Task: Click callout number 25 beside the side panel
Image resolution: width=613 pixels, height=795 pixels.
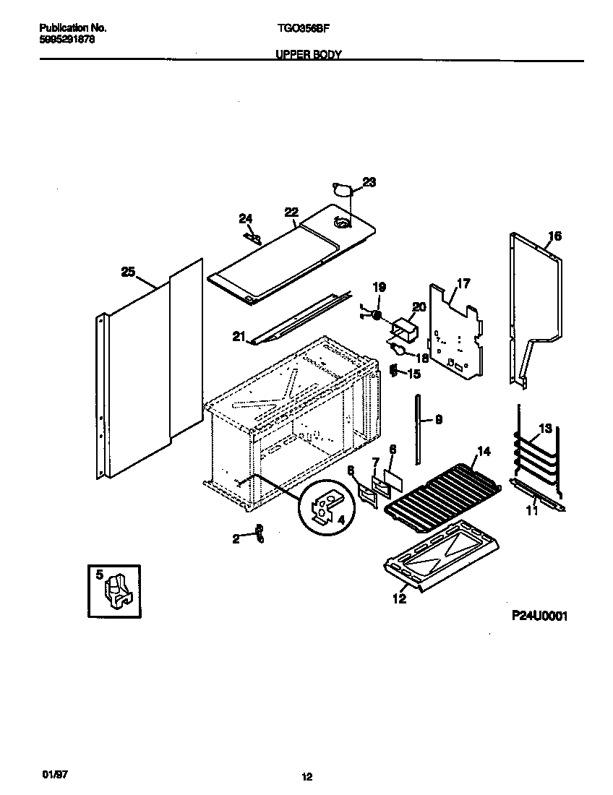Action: [x=128, y=272]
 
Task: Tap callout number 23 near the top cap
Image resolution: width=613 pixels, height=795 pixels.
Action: [x=369, y=183]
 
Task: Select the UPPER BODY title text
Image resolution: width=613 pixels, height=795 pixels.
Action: [x=309, y=54]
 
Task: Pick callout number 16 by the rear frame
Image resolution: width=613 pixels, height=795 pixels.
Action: [x=554, y=236]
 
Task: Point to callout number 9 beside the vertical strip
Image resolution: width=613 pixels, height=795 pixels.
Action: [x=439, y=418]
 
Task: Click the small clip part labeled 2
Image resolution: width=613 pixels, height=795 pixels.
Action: [x=259, y=534]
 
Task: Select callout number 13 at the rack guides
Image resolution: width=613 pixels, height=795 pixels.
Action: [x=545, y=429]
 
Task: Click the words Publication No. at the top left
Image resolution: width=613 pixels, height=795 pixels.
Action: [x=72, y=28]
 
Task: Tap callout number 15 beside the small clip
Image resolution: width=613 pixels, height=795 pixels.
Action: [x=413, y=374]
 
